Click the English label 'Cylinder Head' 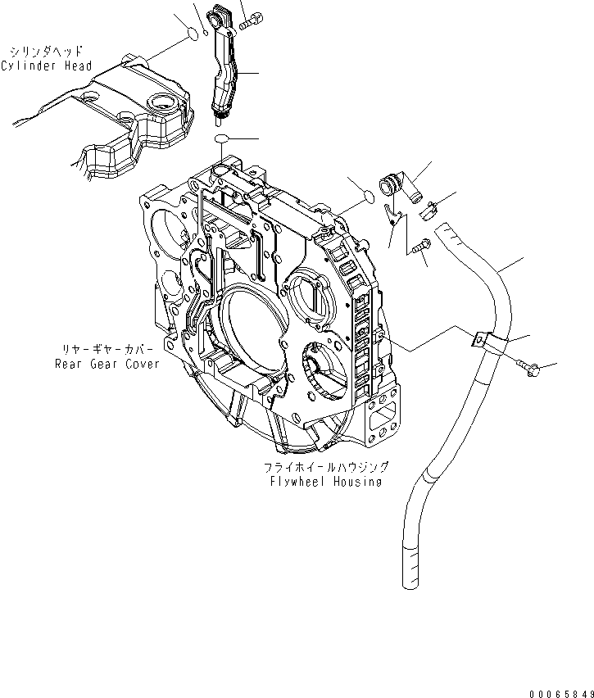click(x=47, y=66)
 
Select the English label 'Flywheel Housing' click(x=325, y=482)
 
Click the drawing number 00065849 click(x=551, y=690)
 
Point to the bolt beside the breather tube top click(x=252, y=22)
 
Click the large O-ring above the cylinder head click(x=190, y=34)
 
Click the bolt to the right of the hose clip click(x=524, y=371)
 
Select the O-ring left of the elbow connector click(x=369, y=196)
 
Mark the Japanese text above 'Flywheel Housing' click(x=325, y=467)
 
